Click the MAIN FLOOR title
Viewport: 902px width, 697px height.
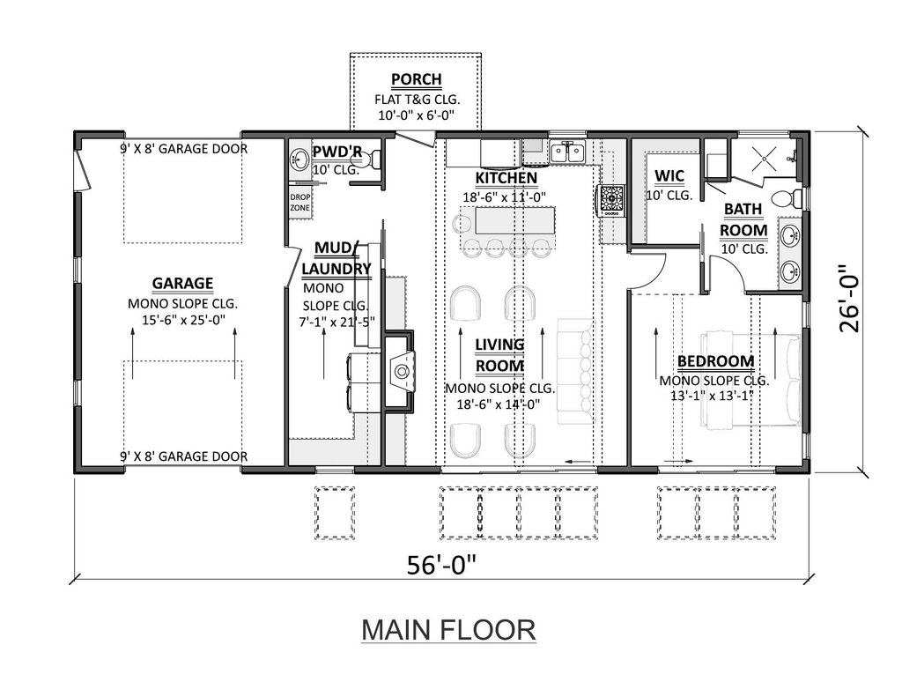coord(448,630)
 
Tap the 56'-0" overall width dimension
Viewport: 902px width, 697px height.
coord(442,564)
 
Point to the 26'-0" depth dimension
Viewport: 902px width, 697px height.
coord(850,299)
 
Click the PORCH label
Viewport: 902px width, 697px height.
coord(417,79)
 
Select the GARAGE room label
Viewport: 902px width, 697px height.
coord(182,283)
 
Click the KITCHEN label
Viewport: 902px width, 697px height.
coord(506,178)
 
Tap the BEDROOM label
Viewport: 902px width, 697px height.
coord(715,361)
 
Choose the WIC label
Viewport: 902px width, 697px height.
coord(669,175)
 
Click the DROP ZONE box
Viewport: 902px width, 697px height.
coord(299,203)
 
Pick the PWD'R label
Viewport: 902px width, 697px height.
coord(337,152)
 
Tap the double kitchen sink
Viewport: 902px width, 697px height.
coord(567,152)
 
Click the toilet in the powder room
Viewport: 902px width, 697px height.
coord(373,158)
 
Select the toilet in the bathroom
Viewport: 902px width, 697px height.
coord(787,198)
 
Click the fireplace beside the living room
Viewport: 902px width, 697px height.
coord(399,370)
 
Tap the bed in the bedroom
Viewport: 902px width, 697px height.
coord(750,379)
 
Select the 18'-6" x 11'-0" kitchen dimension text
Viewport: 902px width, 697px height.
coord(504,197)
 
